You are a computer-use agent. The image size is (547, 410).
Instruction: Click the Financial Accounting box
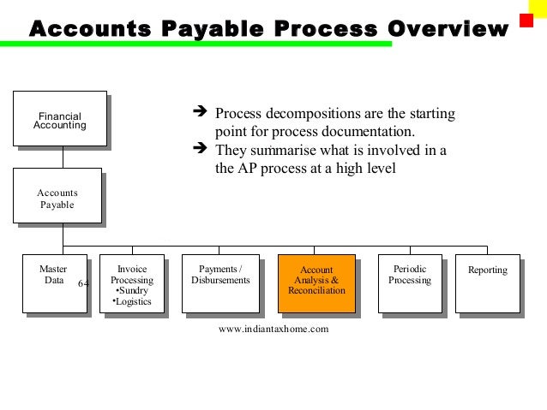(60, 120)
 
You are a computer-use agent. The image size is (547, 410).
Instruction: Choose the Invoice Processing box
(132, 283)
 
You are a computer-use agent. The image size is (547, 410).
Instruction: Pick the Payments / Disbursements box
(220, 283)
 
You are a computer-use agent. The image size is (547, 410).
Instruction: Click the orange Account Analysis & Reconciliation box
(316, 283)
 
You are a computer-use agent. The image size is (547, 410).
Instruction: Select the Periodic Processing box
(409, 283)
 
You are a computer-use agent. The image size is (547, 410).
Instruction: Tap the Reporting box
(487, 283)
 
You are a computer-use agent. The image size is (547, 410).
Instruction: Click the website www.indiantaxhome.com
(273, 328)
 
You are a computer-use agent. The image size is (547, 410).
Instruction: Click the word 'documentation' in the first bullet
(372, 132)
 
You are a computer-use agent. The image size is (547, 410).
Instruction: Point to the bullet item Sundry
(132, 291)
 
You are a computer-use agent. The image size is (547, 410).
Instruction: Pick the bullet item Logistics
(132, 301)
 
